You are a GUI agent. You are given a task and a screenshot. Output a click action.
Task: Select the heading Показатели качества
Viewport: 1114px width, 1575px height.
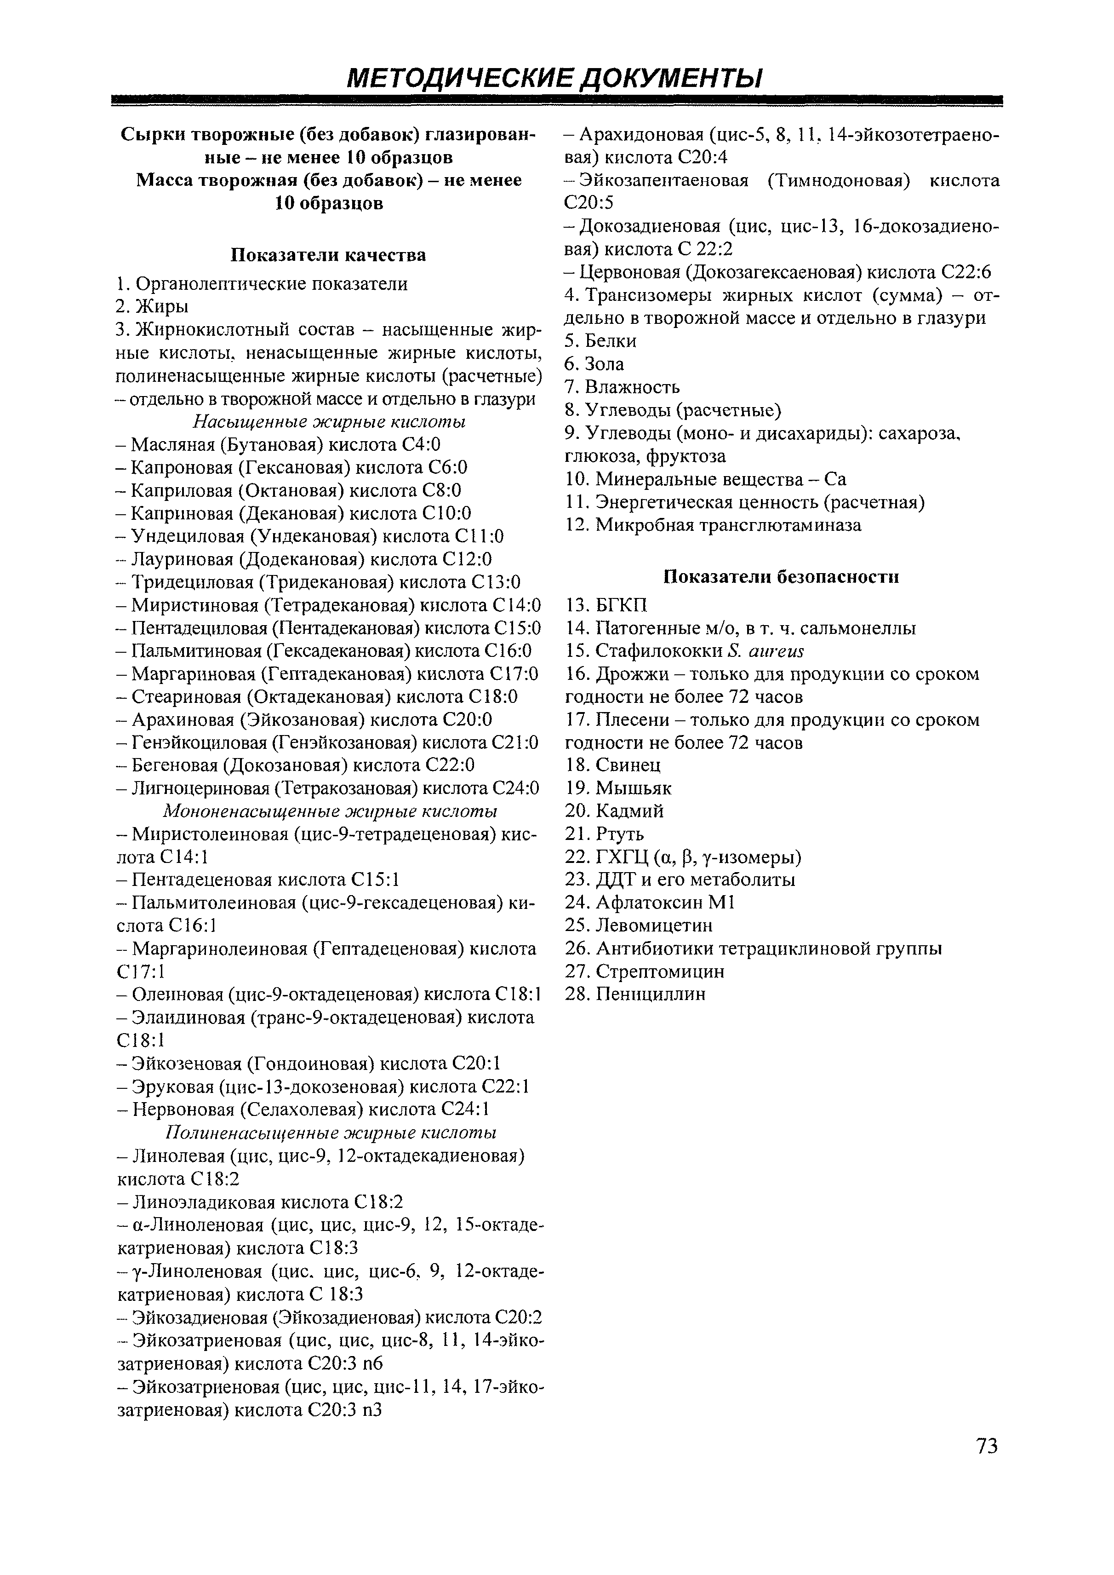(x=327, y=255)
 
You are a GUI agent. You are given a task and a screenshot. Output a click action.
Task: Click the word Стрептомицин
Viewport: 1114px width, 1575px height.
(x=660, y=971)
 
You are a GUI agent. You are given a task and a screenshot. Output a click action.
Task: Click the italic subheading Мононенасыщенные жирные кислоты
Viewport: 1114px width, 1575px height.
(x=329, y=811)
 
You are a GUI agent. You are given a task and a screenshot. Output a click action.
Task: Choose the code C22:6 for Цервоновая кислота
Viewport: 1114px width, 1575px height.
(x=966, y=272)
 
